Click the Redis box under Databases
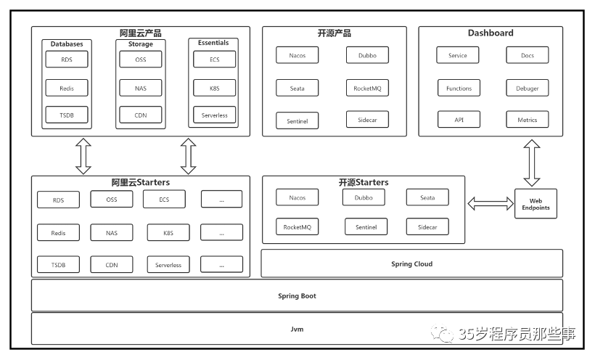click(67, 88)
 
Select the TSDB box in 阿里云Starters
click(58, 265)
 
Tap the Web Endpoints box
click(535, 204)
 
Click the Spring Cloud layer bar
click(411, 263)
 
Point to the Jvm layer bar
click(297, 329)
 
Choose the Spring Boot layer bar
click(297, 295)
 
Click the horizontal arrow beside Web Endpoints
click(490, 204)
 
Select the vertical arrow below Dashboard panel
click(532, 163)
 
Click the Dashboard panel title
click(491, 33)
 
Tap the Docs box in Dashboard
click(528, 55)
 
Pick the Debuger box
click(528, 88)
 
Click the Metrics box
click(528, 120)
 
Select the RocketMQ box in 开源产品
click(367, 88)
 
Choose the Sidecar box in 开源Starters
click(427, 227)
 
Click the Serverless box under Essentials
click(214, 115)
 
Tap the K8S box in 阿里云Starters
click(168, 233)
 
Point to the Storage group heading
click(141, 44)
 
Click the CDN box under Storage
click(141, 115)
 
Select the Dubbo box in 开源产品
click(367, 55)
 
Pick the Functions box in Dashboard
click(459, 88)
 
